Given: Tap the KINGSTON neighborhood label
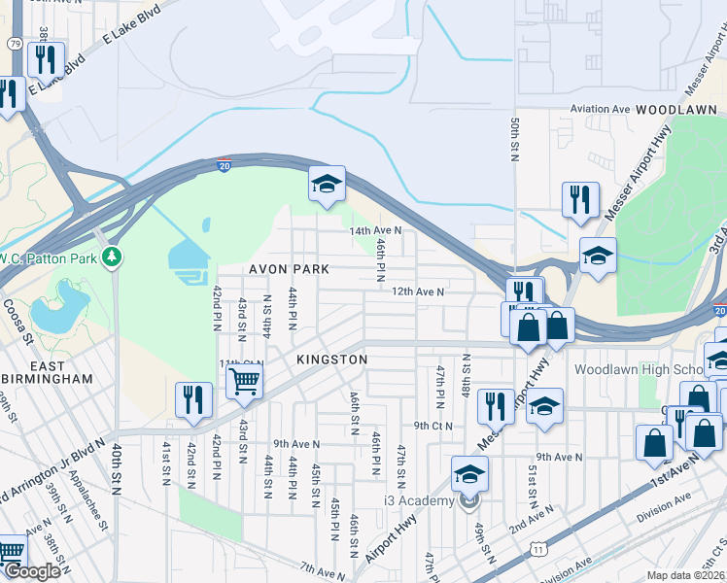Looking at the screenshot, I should (x=331, y=360).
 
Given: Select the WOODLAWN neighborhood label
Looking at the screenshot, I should (x=677, y=111).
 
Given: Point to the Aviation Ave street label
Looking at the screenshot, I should (x=601, y=110).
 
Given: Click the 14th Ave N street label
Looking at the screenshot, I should (x=376, y=230).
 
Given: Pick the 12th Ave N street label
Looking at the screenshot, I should (x=418, y=291).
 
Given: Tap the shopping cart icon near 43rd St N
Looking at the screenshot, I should (x=245, y=381).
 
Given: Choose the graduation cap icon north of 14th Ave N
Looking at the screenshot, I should (x=328, y=182).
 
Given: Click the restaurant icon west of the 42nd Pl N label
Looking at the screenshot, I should (x=192, y=400).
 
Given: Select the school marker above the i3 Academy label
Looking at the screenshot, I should (x=469, y=475).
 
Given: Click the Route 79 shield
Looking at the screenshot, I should (x=14, y=44).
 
